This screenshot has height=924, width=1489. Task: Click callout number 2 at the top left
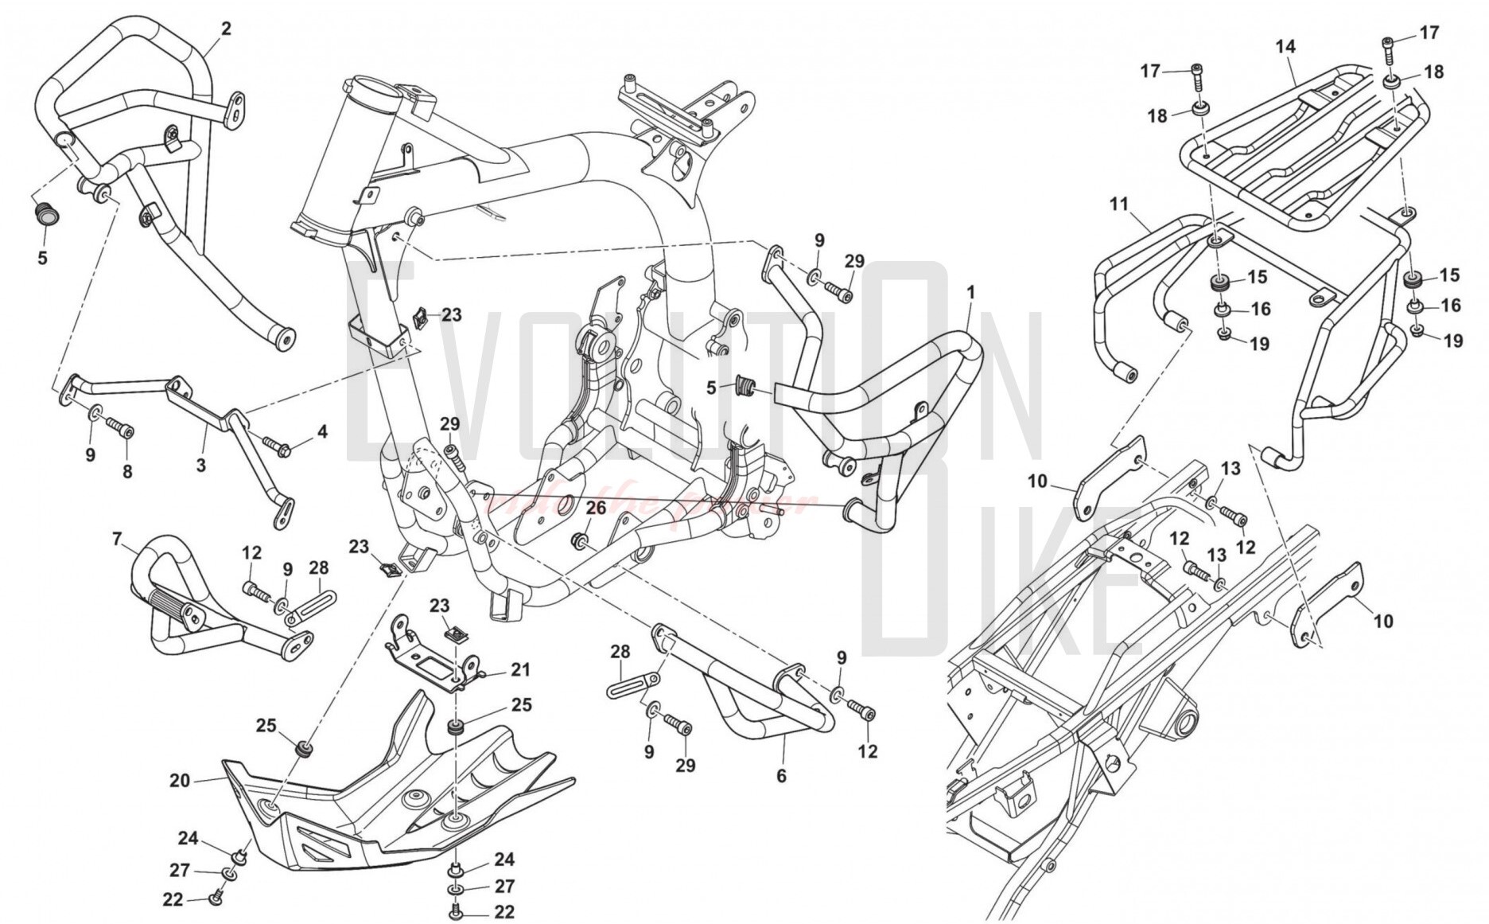pyautogui.click(x=226, y=29)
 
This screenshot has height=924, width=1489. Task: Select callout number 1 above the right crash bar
pyautogui.click(x=970, y=292)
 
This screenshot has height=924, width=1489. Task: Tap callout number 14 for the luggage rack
pyautogui.click(x=1285, y=47)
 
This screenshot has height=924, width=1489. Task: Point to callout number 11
pyautogui.click(x=1119, y=205)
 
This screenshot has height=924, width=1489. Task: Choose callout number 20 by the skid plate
pyautogui.click(x=180, y=781)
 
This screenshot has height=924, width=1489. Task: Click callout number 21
pyautogui.click(x=520, y=670)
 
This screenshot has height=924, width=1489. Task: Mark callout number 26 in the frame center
pyautogui.click(x=597, y=507)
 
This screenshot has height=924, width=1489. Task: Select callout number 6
pyautogui.click(x=781, y=774)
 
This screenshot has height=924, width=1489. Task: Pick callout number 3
pyautogui.click(x=201, y=465)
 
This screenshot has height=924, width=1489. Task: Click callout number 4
pyautogui.click(x=321, y=432)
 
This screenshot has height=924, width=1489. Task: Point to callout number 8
pyautogui.click(x=127, y=472)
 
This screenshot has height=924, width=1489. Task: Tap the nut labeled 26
pyautogui.click(x=580, y=542)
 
